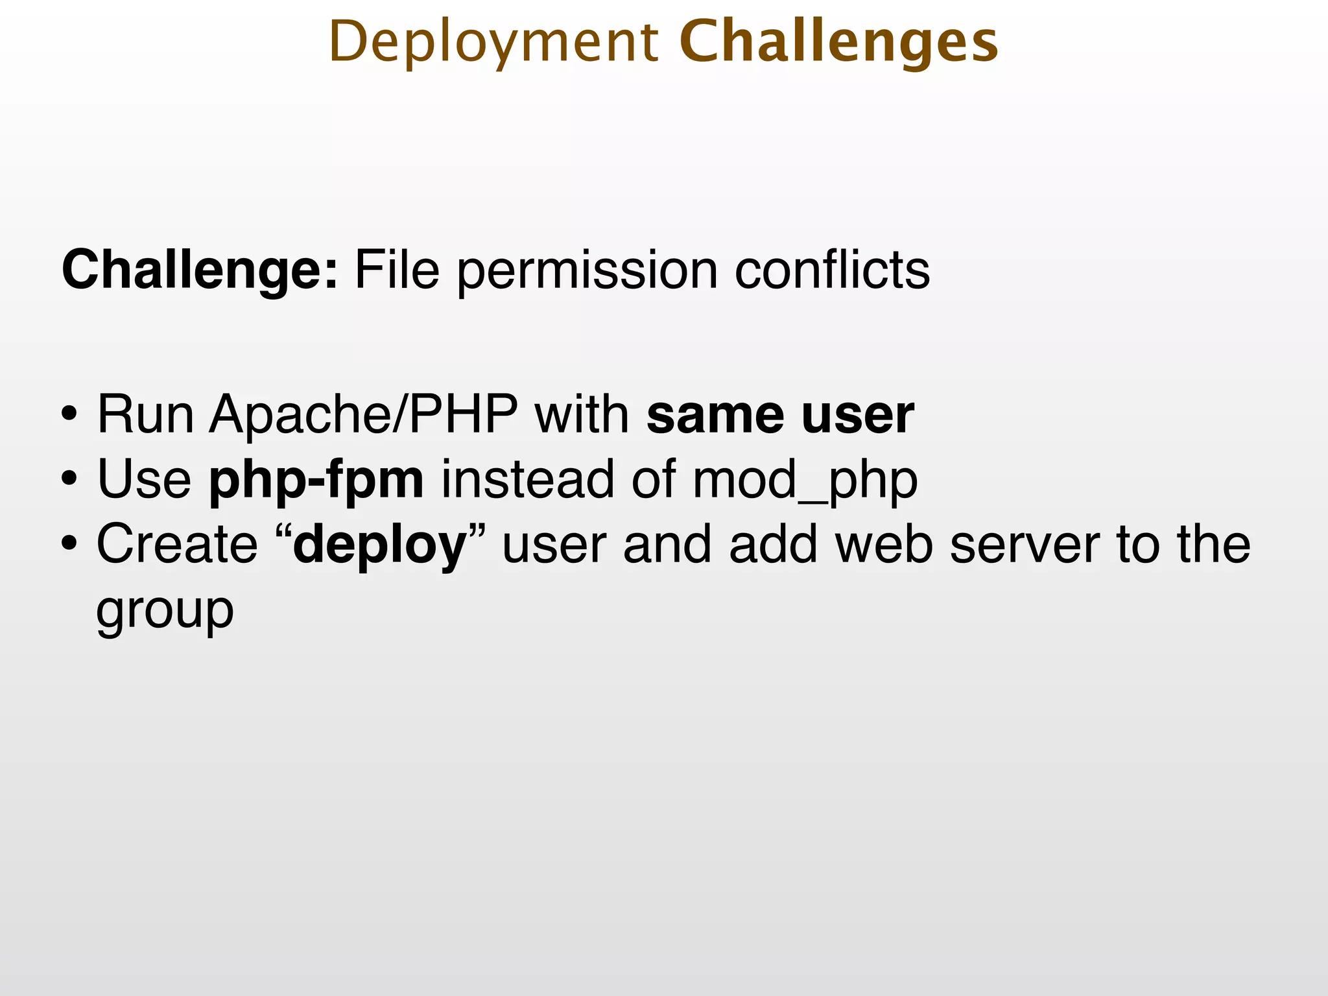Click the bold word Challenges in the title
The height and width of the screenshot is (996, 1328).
click(x=838, y=43)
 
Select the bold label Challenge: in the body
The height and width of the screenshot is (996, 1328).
click(x=200, y=270)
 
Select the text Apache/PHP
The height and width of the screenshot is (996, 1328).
click(x=363, y=415)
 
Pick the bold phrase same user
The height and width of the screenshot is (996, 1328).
click(x=780, y=415)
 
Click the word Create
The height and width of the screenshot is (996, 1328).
click(x=177, y=545)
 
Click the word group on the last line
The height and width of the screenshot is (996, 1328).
click(x=165, y=611)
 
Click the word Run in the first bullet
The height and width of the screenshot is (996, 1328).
click(x=145, y=415)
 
